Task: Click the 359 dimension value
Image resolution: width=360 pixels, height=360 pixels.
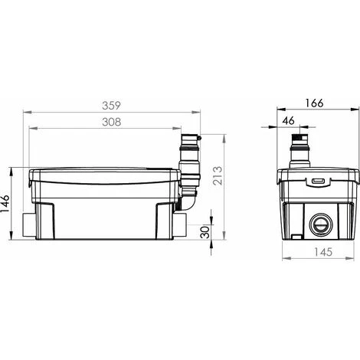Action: coord(111,106)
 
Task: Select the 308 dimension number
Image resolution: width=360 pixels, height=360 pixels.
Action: coord(112,122)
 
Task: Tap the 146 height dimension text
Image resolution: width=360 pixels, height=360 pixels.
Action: coord(5,204)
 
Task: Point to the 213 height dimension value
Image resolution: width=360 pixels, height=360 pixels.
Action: coord(218,175)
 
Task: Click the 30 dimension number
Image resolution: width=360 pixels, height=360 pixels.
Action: coord(205,232)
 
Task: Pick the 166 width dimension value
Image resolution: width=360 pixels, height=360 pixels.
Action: coord(314,103)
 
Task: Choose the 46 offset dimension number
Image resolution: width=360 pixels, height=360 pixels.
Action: coord(289,120)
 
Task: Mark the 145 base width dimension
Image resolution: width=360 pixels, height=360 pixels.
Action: coord(323,252)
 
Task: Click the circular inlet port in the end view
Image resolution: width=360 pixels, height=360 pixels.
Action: coord(321,224)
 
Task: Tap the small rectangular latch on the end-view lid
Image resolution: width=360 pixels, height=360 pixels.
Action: coord(318,181)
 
